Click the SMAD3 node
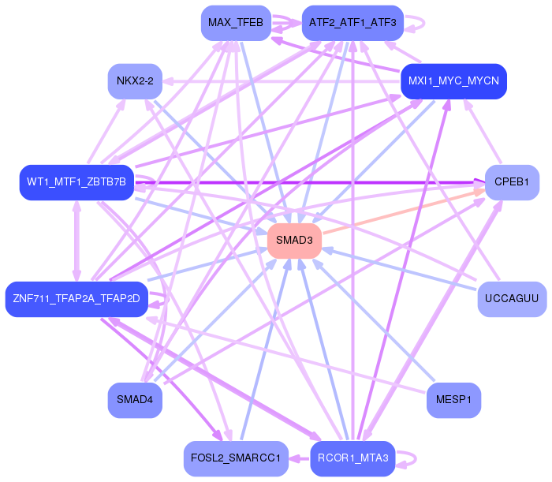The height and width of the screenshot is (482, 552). [x=294, y=240]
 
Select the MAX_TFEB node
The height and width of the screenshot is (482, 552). [x=236, y=22]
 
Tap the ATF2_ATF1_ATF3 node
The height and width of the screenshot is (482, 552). [x=352, y=22]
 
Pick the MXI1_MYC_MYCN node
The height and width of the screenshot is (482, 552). [x=453, y=81]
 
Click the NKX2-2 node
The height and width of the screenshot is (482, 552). [x=135, y=81]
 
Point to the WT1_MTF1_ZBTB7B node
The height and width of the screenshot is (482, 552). [x=76, y=182]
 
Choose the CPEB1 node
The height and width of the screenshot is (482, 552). [x=512, y=182]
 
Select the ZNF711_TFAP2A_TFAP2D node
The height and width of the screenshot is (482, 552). [x=76, y=298]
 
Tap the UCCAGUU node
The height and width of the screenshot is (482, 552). [x=512, y=298]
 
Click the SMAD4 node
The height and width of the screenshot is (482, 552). [x=135, y=399]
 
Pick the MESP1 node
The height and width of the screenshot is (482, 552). [x=453, y=399]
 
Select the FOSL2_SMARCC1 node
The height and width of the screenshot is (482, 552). [x=236, y=458]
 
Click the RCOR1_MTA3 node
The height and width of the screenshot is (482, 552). [x=352, y=458]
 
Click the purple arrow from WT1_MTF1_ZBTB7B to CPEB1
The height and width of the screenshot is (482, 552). [x=315, y=182]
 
